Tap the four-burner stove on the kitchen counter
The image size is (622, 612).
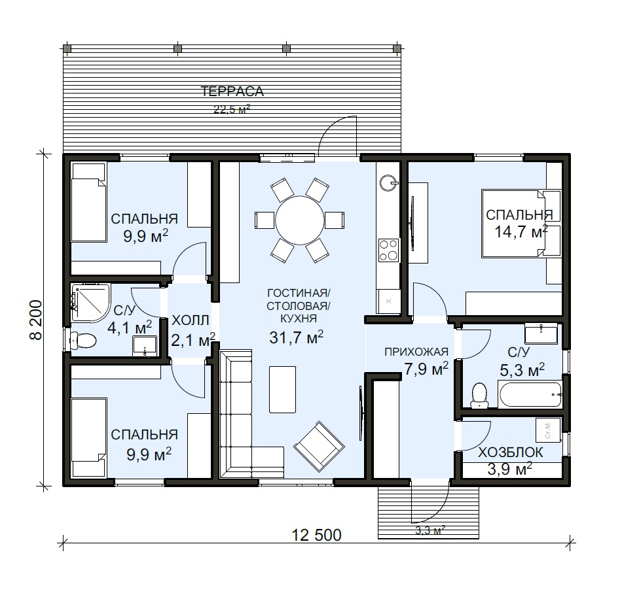[x=388, y=250]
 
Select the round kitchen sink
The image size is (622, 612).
[x=388, y=183]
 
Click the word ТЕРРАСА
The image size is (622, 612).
[x=232, y=92]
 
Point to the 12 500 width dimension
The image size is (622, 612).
[x=316, y=535]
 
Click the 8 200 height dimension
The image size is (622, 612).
[x=36, y=320]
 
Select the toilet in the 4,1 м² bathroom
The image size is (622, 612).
[x=83, y=340]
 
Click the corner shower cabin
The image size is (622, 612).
[x=90, y=302]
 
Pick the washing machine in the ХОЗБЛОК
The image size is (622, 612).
[x=548, y=430]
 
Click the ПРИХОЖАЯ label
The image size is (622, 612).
[x=416, y=351]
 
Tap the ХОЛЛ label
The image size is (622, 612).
[x=191, y=320]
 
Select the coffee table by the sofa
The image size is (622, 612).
[x=282, y=390]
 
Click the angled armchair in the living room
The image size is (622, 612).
[x=319, y=446]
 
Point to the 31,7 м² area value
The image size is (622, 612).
[x=297, y=337]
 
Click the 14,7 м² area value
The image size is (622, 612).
[x=521, y=231]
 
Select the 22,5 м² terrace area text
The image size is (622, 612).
[x=232, y=109]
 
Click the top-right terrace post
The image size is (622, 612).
[x=397, y=49]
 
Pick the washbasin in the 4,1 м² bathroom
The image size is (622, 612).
[x=145, y=345]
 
